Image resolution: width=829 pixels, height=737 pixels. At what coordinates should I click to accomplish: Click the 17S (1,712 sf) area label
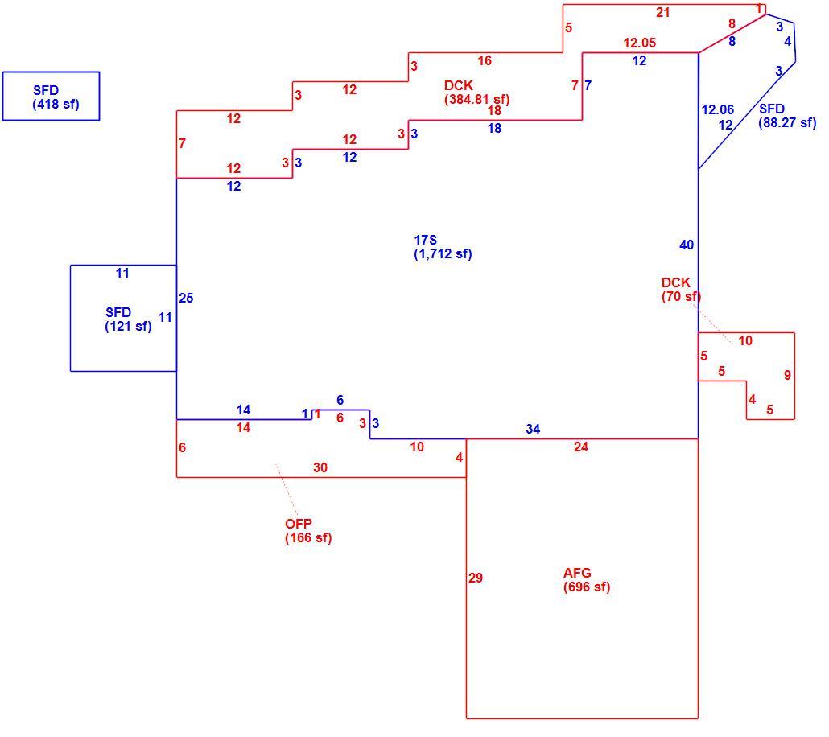tap(443, 247)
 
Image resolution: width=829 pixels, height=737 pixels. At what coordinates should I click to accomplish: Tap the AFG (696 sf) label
tap(586, 580)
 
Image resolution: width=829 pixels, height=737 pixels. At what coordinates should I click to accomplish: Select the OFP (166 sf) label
tap(308, 531)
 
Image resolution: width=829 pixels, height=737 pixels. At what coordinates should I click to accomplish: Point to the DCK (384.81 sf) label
tap(476, 92)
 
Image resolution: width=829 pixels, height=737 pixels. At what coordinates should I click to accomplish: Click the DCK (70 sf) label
tap(681, 289)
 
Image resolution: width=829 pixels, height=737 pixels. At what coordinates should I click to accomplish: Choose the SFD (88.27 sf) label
tap(787, 116)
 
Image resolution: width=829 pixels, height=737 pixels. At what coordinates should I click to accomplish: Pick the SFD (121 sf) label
tap(128, 319)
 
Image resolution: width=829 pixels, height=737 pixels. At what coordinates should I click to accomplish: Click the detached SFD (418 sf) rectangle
tap(51, 97)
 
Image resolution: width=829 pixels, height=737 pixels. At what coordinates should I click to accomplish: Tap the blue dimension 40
tap(687, 245)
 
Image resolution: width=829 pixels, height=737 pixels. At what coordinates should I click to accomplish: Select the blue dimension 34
tap(533, 430)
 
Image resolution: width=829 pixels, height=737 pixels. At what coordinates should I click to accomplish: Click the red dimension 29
tap(476, 578)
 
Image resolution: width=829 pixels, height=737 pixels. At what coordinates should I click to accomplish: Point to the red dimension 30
tap(320, 467)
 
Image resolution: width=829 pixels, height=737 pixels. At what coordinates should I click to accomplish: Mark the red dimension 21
tap(663, 12)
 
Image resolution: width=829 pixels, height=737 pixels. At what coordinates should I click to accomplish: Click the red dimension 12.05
tap(640, 43)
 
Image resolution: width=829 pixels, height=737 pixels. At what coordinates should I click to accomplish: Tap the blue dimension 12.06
tap(717, 109)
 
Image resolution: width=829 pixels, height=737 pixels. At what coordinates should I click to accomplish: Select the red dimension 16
tap(485, 60)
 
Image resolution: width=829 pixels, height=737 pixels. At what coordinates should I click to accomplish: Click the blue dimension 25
tap(186, 298)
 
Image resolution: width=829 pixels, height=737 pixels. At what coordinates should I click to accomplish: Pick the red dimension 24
tap(581, 447)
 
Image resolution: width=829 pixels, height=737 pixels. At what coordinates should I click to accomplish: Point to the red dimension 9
tap(787, 375)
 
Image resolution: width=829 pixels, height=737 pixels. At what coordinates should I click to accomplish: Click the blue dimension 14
tap(243, 410)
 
